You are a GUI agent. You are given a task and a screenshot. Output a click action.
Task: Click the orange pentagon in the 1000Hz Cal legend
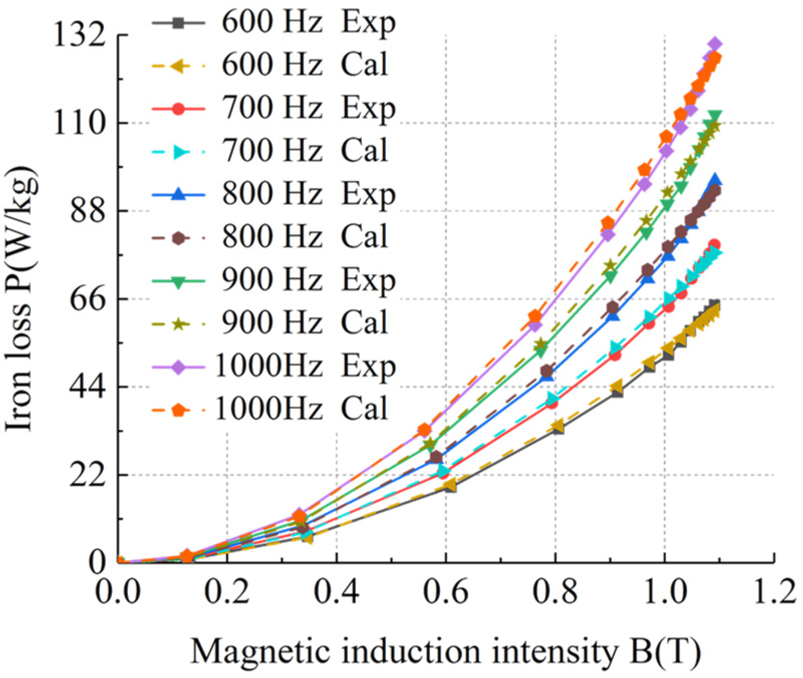(178, 410)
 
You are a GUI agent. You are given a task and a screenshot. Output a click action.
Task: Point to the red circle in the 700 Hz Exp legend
(178, 108)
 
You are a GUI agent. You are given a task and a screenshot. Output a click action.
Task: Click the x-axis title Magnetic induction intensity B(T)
(446, 652)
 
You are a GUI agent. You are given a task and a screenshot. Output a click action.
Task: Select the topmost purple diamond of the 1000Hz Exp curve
(716, 44)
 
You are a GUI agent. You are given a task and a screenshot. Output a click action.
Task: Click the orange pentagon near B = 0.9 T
(608, 223)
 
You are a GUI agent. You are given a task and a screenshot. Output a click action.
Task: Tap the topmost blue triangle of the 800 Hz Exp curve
(715, 181)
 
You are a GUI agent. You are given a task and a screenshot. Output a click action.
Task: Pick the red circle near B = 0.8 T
(552, 403)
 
